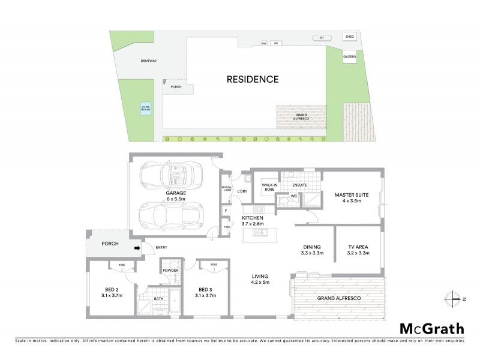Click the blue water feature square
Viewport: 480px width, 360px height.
point(146,109)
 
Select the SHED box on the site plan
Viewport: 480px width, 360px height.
point(350,37)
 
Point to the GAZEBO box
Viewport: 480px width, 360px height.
point(350,57)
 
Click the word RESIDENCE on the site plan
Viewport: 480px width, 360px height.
point(253,79)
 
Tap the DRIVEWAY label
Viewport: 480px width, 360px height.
point(132,61)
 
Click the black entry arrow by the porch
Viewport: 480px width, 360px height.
point(137,247)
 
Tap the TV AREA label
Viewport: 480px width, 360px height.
point(358,247)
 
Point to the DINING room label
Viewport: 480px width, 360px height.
point(312,247)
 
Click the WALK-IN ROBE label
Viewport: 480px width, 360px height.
point(263,187)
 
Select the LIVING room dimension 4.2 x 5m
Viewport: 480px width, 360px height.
point(260,284)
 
